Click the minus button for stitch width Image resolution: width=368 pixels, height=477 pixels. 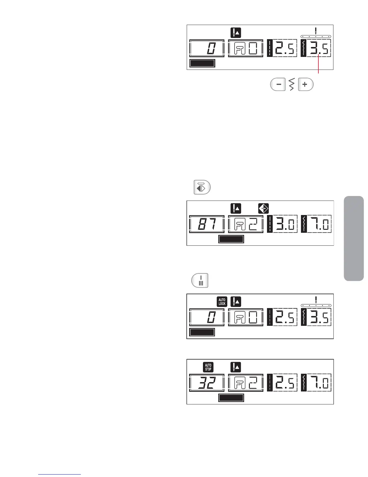(278, 85)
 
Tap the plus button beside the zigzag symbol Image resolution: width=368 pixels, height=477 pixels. (305, 85)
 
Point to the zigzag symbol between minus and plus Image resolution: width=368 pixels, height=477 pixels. (291, 85)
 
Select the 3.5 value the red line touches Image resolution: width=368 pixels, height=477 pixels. (319, 48)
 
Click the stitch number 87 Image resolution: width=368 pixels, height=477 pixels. (207, 224)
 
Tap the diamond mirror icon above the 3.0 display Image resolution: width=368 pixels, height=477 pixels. (264, 209)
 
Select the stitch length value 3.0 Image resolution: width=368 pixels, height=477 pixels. (285, 224)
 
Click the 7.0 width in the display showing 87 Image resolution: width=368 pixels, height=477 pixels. (319, 224)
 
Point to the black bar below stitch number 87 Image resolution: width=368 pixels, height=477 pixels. (231, 239)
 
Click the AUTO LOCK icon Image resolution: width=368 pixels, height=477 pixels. (222, 302)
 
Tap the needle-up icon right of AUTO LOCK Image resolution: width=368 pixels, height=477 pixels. (236, 302)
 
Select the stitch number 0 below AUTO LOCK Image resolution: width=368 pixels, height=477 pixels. (210, 317)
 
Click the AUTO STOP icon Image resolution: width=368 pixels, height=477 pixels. (208, 367)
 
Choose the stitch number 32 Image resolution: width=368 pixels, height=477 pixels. (207, 382)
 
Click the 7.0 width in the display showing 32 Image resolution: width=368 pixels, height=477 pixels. (319, 382)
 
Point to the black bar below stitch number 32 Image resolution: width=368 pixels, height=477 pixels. (231, 398)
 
